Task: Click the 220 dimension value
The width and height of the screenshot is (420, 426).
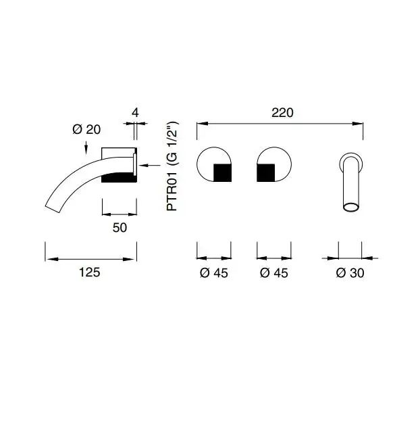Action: point(282,113)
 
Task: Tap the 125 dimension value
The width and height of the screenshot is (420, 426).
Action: point(89,272)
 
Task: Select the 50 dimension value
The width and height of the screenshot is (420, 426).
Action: point(120,227)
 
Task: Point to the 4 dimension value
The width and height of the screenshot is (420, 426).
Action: point(135,112)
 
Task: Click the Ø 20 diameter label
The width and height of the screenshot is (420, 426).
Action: point(86,129)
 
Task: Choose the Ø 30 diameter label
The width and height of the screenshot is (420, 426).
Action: point(350,273)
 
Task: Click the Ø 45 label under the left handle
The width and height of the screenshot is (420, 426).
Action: point(214,273)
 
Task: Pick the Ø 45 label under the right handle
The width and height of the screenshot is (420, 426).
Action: point(273,273)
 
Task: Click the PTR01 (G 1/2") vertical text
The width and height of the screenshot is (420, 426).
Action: point(172,166)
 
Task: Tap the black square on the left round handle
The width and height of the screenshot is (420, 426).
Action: point(222,173)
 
